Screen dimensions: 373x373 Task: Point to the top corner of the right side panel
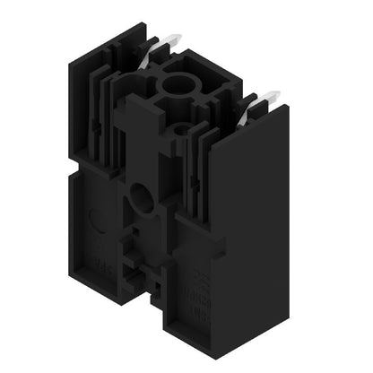[287, 106]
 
